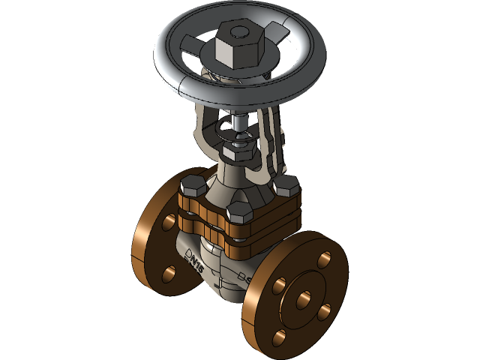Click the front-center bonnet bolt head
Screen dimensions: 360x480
pyautogui.click(x=238, y=211)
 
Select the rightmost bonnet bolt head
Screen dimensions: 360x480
pyautogui.click(x=286, y=184)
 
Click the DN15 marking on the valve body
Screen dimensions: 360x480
pyautogui.click(x=193, y=259)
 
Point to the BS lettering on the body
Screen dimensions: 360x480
pyautogui.click(x=243, y=279)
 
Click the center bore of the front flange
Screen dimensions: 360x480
pyautogui.click(x=304, y=299)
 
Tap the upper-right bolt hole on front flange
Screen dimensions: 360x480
pyautogui.click(x=324, y=259)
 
